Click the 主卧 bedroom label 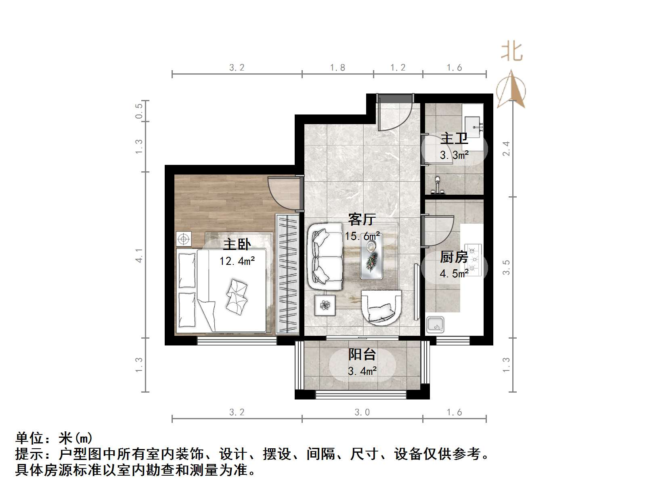click(x=237, y=244)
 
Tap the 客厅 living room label click(x=362, y=219)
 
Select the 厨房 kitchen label click(x=454, y=257)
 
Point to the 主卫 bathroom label click(x=454, y=138)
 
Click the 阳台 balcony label click(x=362, y=354)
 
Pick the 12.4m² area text click(x=237, y=261)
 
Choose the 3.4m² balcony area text click(x=362, y=371)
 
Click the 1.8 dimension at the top click(x=337, y=68)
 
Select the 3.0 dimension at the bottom click(x=362, y=412)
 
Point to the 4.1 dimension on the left click(x=139, y=255)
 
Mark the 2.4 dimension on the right click(x=506, y=149)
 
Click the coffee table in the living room click(x=372, y=256)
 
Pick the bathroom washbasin click(x=473, y=123)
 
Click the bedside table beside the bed click(x=184, y=239)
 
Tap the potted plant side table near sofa click(x=325, y=305)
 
